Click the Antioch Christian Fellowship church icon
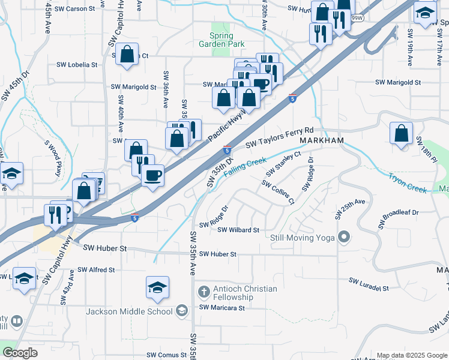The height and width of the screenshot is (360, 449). [203, 293]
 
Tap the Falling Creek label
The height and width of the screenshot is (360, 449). [244, 167]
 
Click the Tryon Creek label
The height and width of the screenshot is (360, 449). [408, 183]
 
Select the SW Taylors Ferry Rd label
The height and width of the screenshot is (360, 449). [280, 137]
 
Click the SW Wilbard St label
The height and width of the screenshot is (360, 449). [238, 230]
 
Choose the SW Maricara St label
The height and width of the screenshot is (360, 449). [223, 308]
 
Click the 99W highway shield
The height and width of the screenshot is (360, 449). [358, 17]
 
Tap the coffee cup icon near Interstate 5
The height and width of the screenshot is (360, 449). [152, 175]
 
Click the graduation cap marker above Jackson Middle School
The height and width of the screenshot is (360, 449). [157, 287]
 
